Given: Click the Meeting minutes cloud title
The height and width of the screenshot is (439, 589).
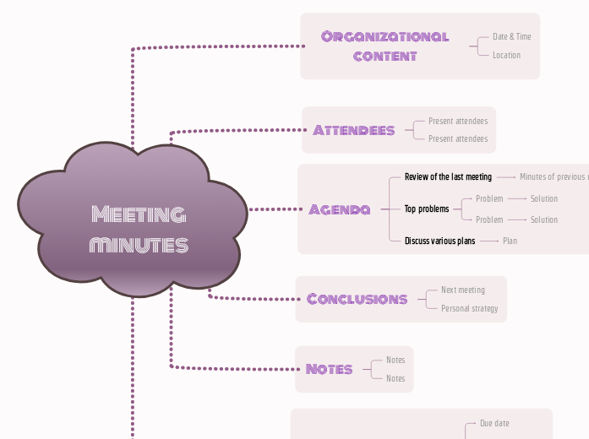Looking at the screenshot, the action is [x=138, y=229].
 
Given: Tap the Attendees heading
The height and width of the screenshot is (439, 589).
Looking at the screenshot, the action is [x=353, y=130].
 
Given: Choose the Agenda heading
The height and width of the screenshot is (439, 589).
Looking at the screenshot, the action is [x=339, y=209].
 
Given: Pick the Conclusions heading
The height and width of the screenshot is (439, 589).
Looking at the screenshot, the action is [x=357, y=299].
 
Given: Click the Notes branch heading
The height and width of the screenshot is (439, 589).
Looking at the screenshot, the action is [x=329, y=369].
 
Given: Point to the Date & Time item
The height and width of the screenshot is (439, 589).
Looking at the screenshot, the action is [x=511, y=36].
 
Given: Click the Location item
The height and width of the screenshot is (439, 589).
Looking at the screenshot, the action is [x=506, y=55].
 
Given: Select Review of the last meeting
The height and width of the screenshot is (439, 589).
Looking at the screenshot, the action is [x=448, y=177].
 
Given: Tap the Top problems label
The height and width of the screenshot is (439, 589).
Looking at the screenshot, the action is [x=427, y=209].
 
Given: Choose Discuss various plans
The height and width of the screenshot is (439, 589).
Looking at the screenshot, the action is [x=439, y=241].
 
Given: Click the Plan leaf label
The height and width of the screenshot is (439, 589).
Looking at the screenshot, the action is [x=510, y=241].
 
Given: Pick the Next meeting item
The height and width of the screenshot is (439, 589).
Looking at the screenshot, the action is [x=463, y=290].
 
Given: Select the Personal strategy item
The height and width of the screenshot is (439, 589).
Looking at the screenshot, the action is [x=469, y=308].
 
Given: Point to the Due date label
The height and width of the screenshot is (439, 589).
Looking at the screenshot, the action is [x=494, y=423].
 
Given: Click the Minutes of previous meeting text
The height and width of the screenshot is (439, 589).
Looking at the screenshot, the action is [x=554, y=177].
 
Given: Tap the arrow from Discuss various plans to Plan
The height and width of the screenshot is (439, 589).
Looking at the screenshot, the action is [x=489, y=241].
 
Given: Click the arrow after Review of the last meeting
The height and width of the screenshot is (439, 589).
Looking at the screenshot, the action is [x=505, y=177].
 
